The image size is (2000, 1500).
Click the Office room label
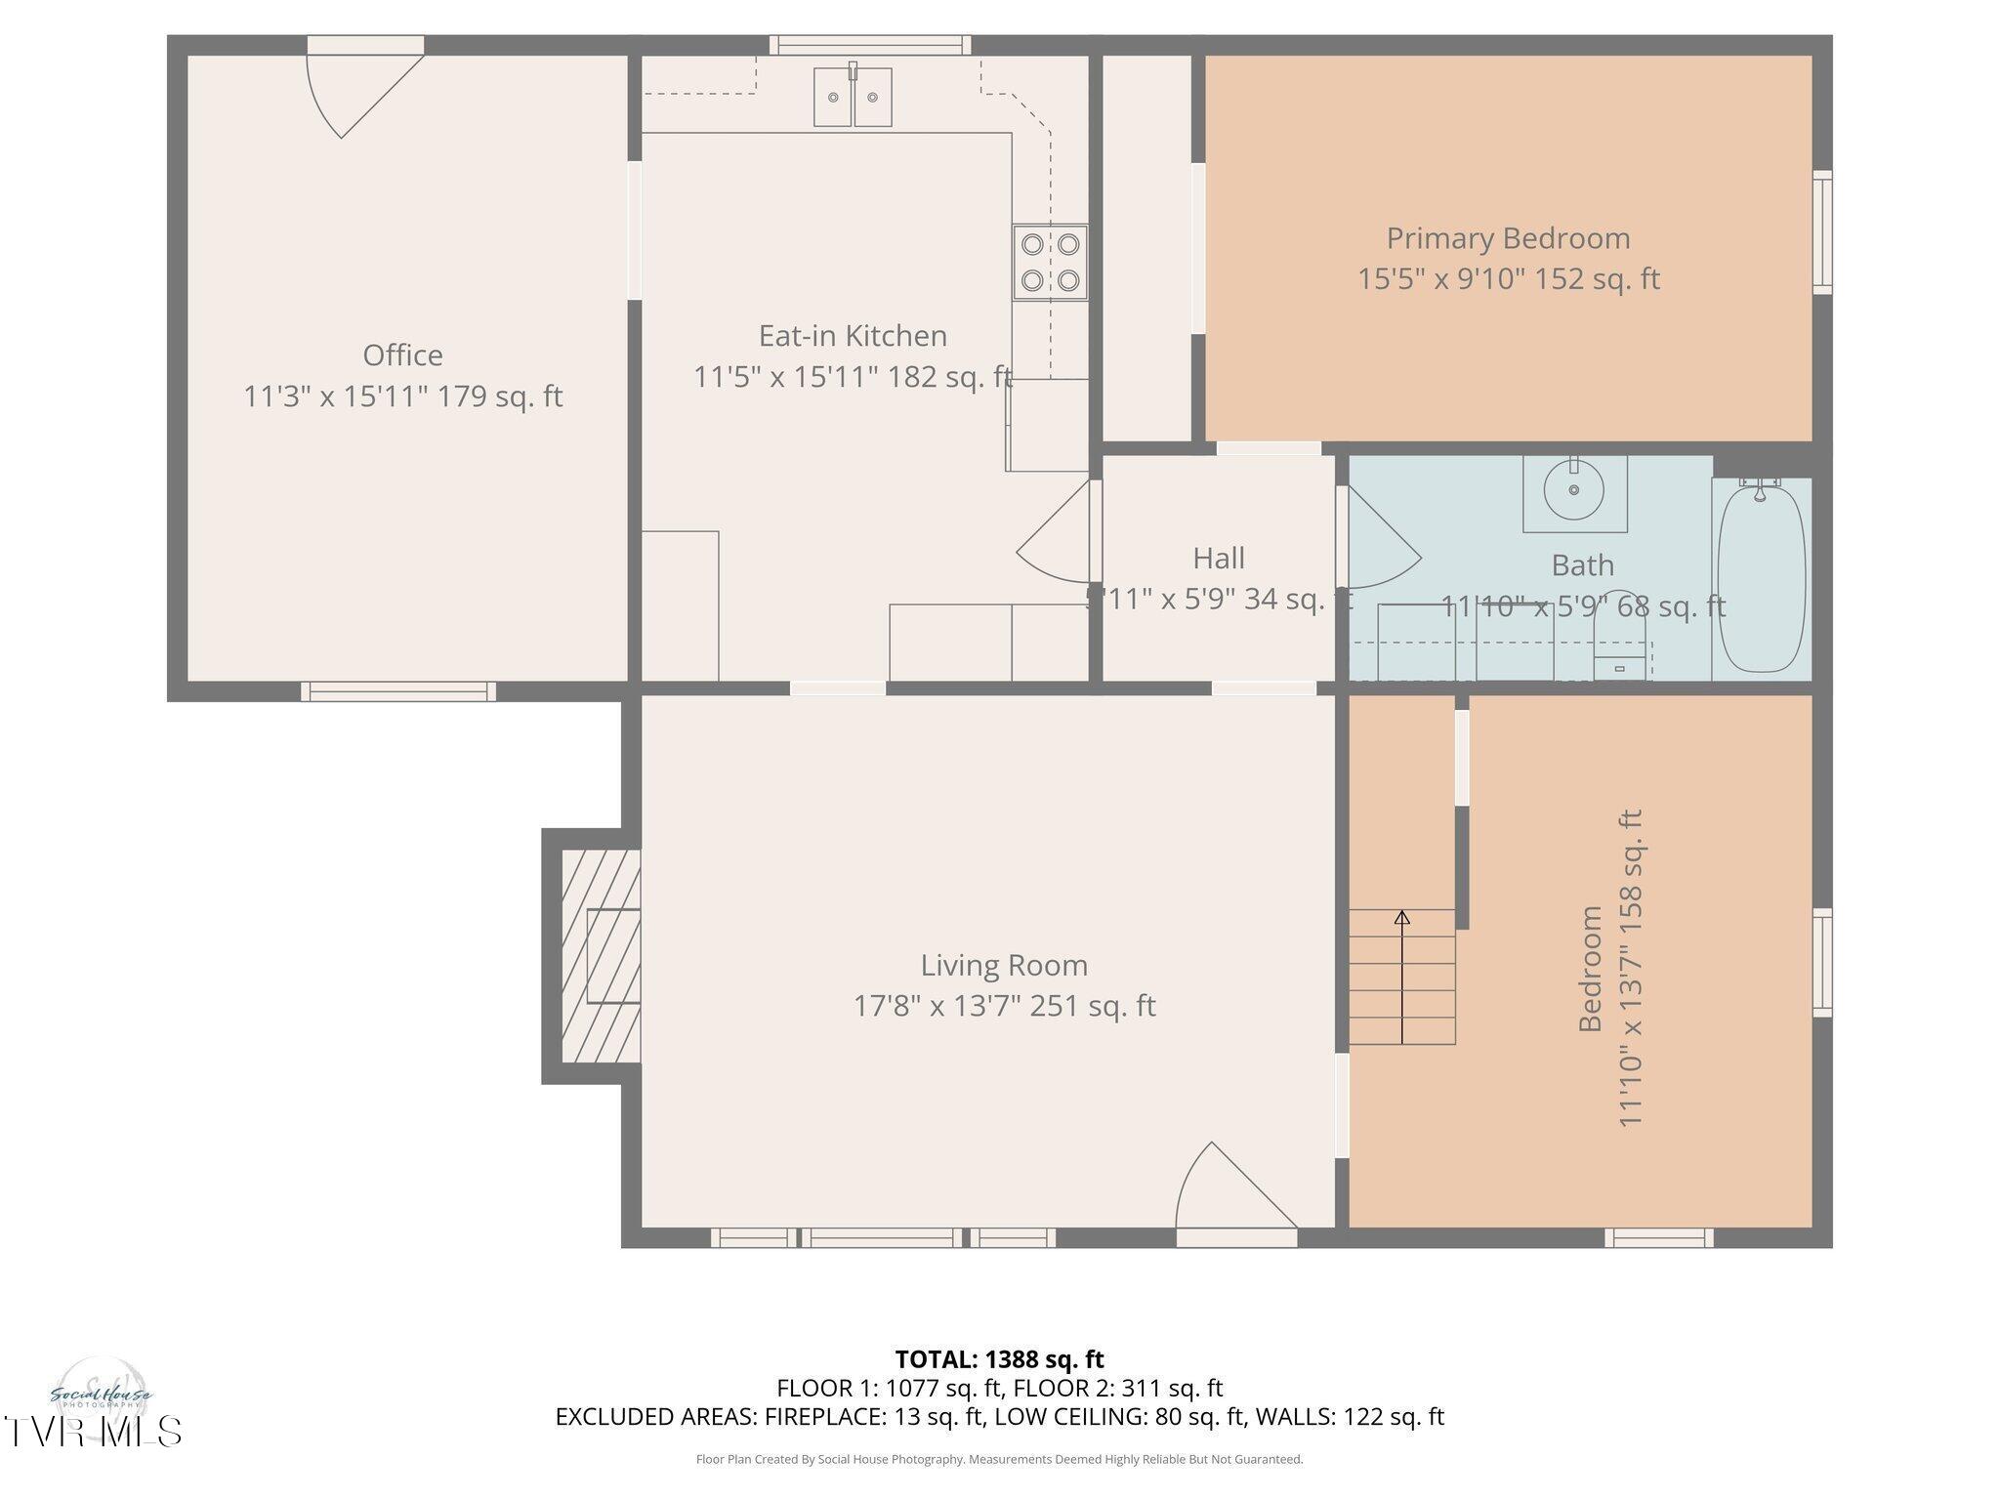402,354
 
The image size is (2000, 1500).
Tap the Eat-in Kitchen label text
853,336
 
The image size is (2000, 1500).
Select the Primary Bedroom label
1508,238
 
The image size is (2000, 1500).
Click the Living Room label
1004,965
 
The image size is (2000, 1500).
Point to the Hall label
1218,558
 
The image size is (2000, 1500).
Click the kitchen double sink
853,97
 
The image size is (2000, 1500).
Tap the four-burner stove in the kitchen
1050,263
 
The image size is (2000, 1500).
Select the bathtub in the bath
1761,577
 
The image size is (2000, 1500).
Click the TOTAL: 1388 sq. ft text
999,1359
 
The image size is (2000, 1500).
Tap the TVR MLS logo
93,1431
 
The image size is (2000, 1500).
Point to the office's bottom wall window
397,691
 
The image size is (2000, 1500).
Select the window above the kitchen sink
869,45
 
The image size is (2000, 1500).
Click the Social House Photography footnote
999,1459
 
